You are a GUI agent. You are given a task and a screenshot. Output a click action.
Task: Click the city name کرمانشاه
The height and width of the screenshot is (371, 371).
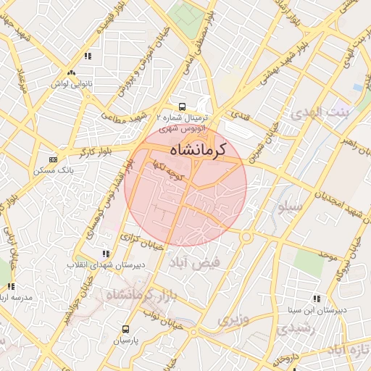[x=197, y=149]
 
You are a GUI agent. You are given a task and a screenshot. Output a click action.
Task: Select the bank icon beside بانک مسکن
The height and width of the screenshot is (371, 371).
[x=53, y=159]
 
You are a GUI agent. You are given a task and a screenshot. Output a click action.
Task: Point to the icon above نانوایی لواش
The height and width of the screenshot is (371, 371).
[x=71, y=73]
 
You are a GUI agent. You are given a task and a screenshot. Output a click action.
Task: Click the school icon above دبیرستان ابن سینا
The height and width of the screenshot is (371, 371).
[x=317, y=298]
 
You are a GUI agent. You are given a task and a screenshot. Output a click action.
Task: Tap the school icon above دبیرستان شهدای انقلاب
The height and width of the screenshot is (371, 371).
[x=107, y=254]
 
